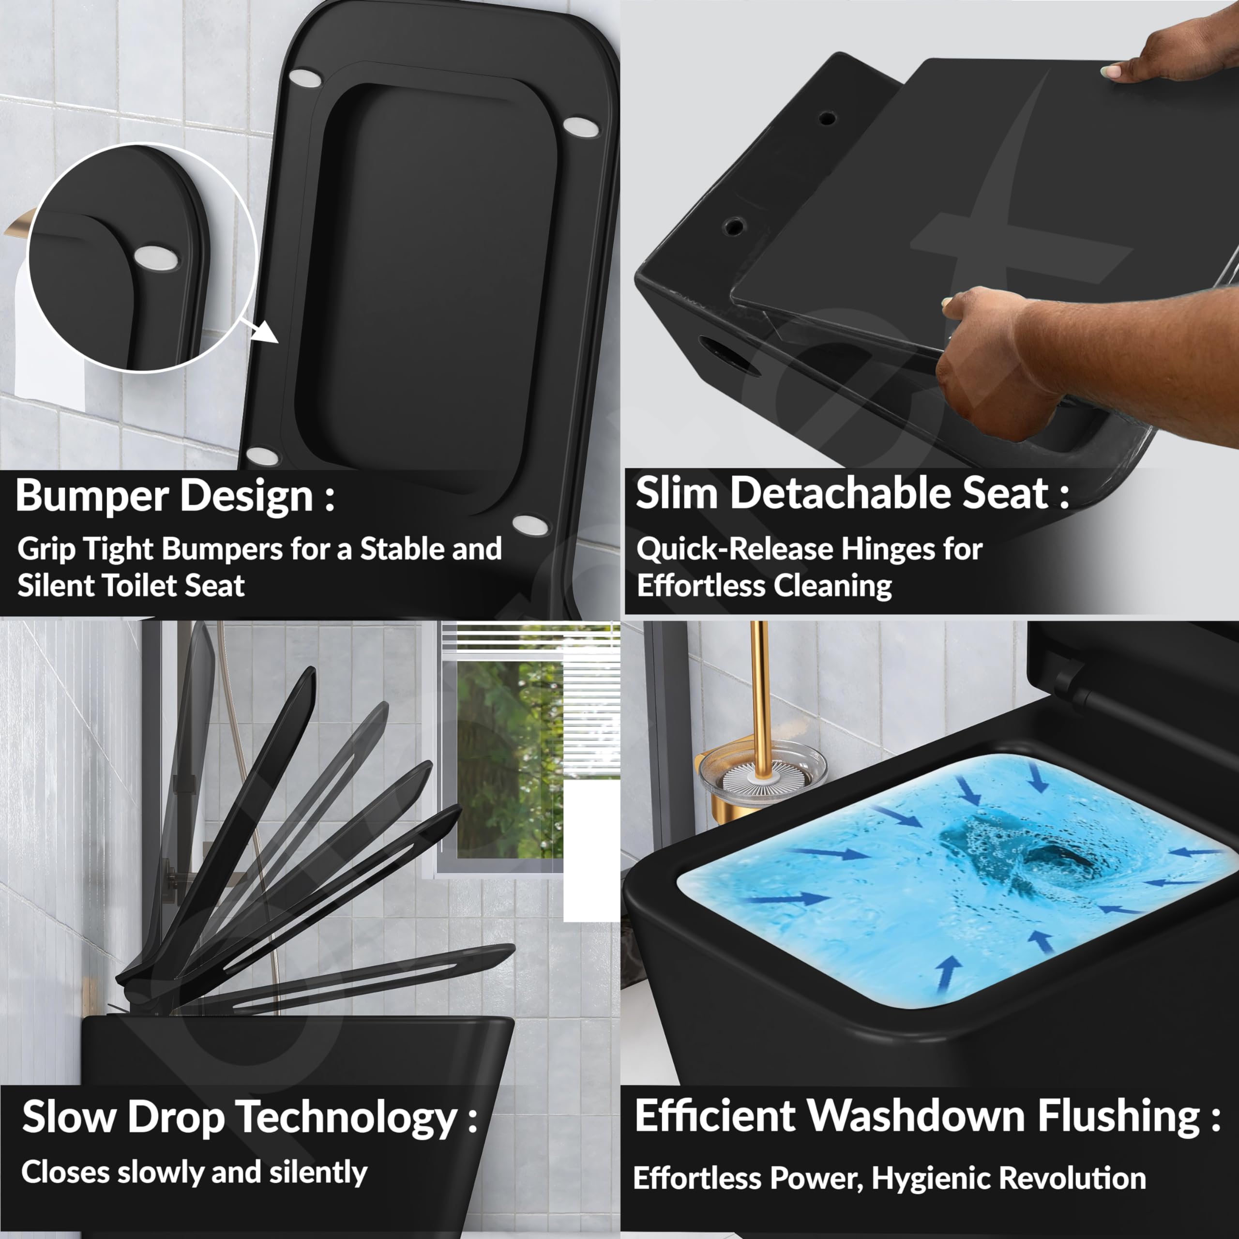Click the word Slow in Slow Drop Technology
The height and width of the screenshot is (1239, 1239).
70,1117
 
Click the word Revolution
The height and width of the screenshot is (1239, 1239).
1072,1178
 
